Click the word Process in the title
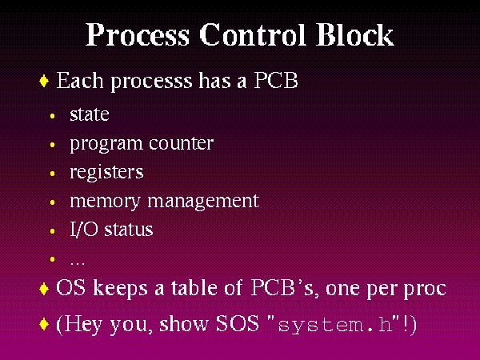point(138,34)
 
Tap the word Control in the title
point(253,34)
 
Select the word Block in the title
point(354,34)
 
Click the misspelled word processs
point(151,82)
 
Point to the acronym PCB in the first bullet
point(276,81)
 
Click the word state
point(90,114)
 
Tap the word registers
point(106,173)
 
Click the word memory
point(105,202)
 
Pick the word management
point(203,202)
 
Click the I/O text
point(83,230)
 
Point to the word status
point(129,230)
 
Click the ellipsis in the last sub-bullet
point(78,263)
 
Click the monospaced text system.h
point(335,325)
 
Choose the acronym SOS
point(238,323)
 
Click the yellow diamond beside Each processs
point(44,81)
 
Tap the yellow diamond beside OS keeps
point(44,289)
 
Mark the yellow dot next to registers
point(52,174)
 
